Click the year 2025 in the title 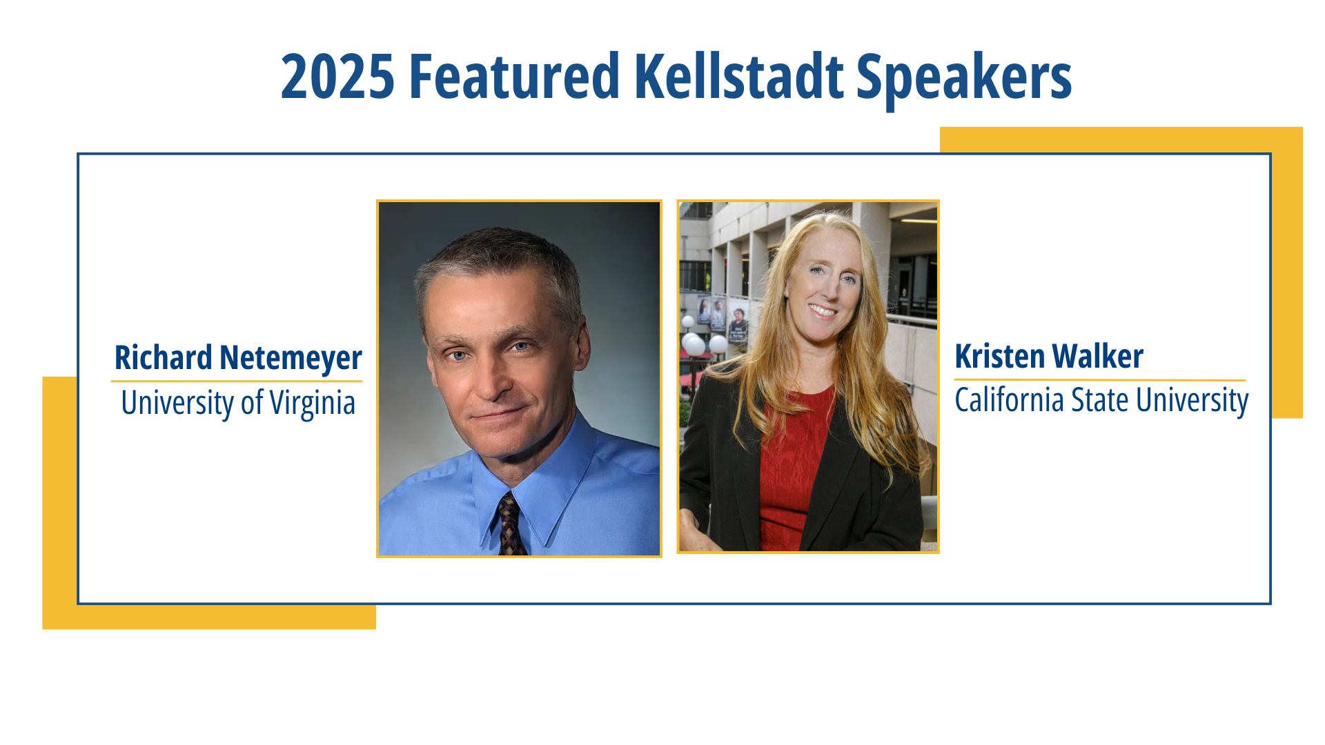point(337,77)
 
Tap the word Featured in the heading point(515,77)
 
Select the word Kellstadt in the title point(738,77)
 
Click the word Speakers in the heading point(964,80)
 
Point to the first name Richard point(164,357)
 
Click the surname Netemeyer point(291,359)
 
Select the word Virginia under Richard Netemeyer point(312,404)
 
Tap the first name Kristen point(999,356)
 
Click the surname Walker point(1098,356)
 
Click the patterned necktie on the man point(511,524)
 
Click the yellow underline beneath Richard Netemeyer point(237,381)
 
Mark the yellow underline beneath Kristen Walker point(1100,379)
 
